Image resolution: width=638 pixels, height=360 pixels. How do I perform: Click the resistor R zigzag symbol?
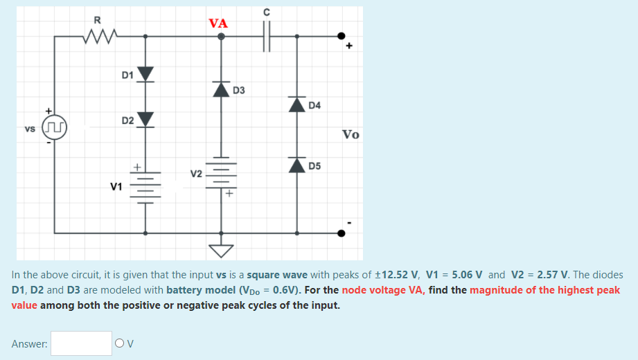[x=101, y=35]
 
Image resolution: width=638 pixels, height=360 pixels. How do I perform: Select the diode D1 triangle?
[x=145, y=75]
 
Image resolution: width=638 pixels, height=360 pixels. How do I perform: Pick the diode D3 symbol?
[x=221, y=89]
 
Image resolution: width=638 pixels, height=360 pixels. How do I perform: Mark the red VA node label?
[x=218, y=23]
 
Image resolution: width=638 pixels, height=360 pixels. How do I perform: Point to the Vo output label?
[x=351, y=134]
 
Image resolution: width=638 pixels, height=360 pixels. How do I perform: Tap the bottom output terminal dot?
[x=341, y=233]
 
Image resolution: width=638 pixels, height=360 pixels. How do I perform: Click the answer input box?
[x=81, y=343]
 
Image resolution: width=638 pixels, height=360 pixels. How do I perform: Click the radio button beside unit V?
[x=120, y=343]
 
